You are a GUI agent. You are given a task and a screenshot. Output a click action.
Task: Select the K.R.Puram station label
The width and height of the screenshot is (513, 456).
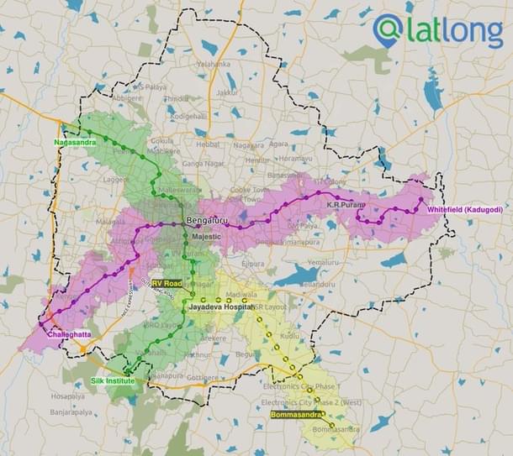tap(345, 205)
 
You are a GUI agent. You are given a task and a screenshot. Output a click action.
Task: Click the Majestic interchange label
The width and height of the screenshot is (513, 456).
tap(206, 238)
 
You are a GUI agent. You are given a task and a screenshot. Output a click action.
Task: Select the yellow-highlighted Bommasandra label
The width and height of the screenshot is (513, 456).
tap(297, 414)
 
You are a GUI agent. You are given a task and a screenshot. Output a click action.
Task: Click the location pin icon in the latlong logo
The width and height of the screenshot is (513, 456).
tap(387, 29)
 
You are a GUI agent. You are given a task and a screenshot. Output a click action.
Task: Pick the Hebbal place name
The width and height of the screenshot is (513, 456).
tap(209, 144)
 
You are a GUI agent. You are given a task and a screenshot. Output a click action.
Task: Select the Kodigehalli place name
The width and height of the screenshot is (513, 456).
tap(186, 116)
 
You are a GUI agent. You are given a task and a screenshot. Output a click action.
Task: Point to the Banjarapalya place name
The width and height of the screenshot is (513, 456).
tap(70, 412)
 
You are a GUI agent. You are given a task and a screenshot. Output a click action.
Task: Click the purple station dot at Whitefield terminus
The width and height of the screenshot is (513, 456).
tap(421, 200)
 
